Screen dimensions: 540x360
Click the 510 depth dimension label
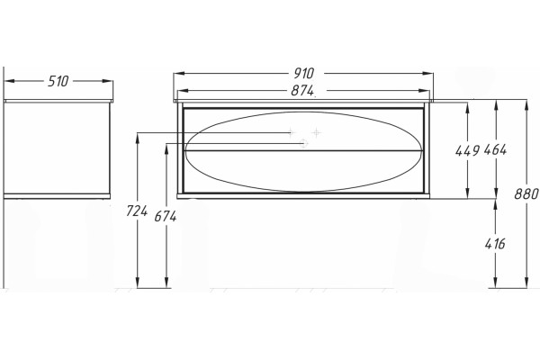point(58,81)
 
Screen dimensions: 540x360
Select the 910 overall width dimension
point(304,73)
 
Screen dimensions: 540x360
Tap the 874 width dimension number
point(302,91)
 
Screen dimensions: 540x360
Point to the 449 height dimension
point(467,150)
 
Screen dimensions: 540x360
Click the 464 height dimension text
point(495,150)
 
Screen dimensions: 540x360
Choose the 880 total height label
point(526,194)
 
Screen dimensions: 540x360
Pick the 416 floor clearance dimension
point(495,244)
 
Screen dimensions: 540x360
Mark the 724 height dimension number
point(137,211)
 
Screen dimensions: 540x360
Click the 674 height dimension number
point(166,216)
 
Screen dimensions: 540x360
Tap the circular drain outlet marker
point(304,143)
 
